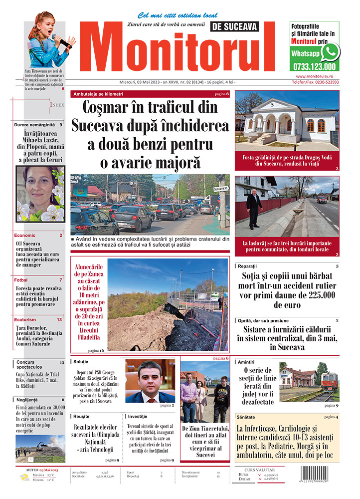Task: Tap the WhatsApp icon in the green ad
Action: [329, 52]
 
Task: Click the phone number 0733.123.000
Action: [314, 66]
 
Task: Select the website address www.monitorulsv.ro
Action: [314, 75]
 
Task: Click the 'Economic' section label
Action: [25, 235]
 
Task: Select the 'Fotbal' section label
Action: [21, 280]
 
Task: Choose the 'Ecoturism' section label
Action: [25, 319]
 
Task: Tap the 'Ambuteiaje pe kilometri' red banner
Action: [98, 94]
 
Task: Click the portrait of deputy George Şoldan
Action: [150, 381]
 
